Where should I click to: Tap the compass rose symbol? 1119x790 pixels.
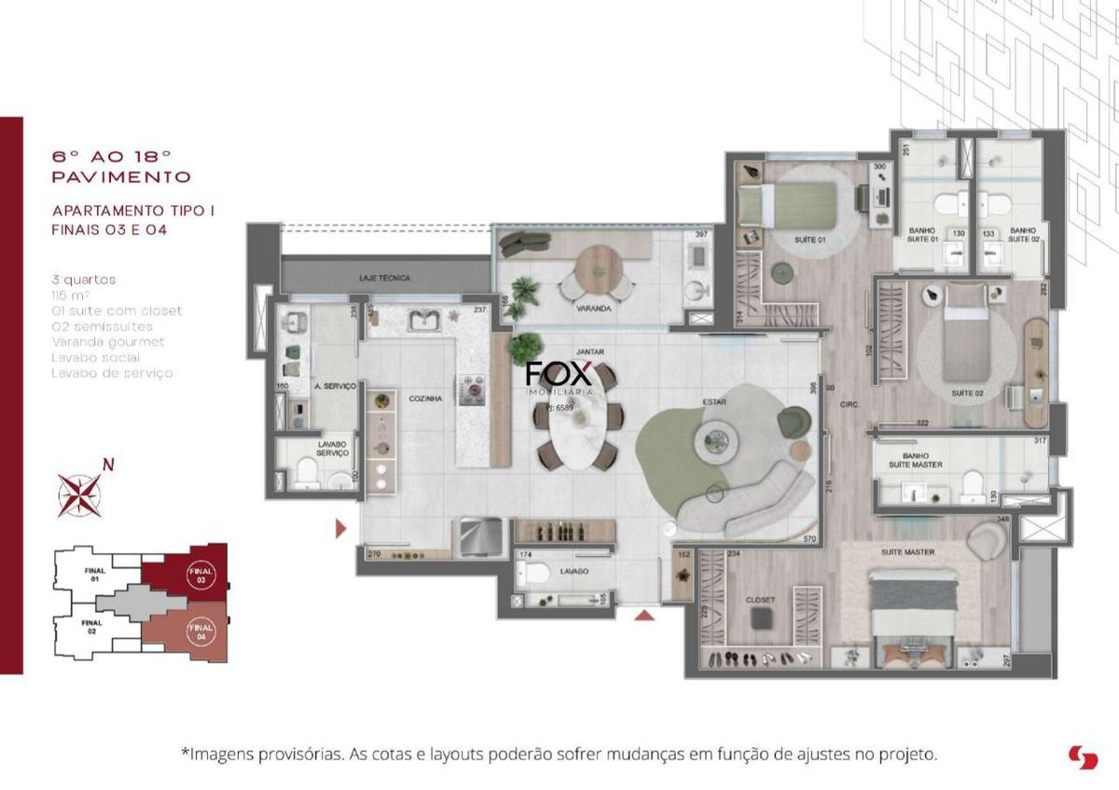(81, 494)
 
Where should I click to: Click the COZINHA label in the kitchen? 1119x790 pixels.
(424, 398)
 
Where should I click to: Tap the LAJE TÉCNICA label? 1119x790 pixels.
(384, 278)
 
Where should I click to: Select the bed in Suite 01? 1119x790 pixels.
(788, 202)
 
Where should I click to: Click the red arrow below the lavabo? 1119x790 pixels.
(645, 615)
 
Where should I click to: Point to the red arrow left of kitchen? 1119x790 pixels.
(340, 530)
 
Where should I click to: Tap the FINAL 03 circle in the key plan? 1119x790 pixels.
(199, 575)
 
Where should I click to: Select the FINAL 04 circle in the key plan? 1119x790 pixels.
(200, 631)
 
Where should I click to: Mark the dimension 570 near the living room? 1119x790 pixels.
(809, 539)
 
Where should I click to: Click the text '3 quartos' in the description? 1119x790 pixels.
(85, 279)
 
